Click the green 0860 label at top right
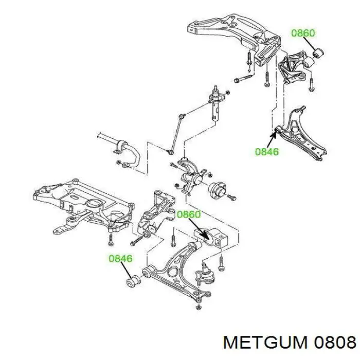pos(303,33)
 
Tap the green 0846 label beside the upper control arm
pos(267,152)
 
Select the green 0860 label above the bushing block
pos(189,214)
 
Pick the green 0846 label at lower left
pos(120,259)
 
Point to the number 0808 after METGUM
pos(335,343)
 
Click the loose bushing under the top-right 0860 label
pos(318,53)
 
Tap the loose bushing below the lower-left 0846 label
pos(133,281)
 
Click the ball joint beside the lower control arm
pos(205,274)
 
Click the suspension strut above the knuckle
pos(215,103)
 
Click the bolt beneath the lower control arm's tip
pos(199,307)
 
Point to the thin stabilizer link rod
pos(177,134)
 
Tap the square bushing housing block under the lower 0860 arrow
pos(211,238)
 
